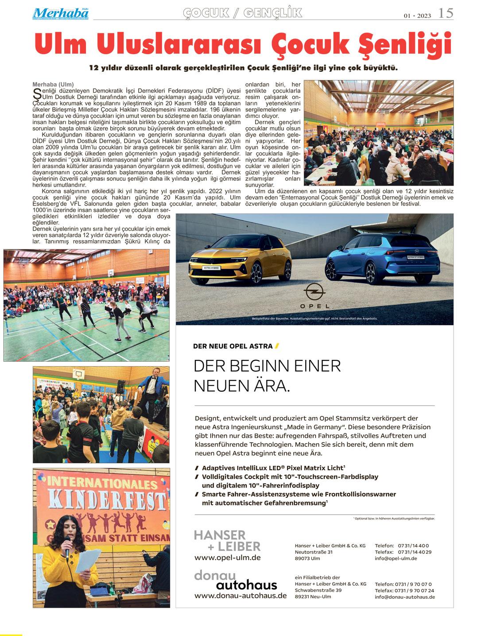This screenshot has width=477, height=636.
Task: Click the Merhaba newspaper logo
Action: coord(60,13)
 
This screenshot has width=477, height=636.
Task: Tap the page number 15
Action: coord(446,14)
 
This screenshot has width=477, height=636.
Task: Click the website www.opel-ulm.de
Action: coord(227,558)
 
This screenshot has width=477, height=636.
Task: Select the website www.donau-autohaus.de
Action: coord(240,596)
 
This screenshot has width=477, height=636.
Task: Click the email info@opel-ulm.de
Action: coord(396,558)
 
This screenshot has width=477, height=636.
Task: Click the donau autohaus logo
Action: coord(236,580)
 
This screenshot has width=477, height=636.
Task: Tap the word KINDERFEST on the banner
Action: coord(101,500)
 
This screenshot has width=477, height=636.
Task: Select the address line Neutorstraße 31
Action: coord(314,552)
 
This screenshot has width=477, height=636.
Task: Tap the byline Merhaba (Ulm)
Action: coord(53,85)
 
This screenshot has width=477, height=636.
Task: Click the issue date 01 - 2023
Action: coord(417,16)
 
